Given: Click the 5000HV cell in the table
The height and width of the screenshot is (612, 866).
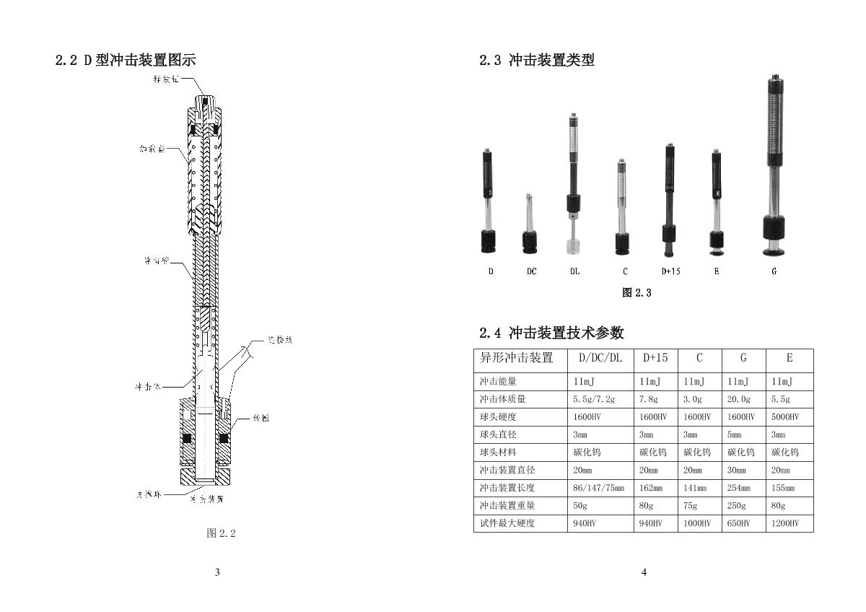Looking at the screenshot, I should [x=785, y=417].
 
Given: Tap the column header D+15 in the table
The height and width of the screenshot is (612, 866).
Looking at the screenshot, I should [x=655, y=358].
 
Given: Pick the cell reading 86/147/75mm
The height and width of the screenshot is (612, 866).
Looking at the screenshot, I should [x=598, y=488].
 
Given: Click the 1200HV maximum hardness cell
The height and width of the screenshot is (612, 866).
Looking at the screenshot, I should [x=785, y=523].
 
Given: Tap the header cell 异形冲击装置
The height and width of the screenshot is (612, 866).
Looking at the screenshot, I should [x=517, y=358].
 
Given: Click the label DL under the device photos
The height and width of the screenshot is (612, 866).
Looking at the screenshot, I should [x=574, y=271].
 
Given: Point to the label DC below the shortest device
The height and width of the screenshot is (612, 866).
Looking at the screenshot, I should [x=531, y=271].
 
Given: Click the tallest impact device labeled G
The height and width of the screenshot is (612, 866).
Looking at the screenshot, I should [x=774, y=166].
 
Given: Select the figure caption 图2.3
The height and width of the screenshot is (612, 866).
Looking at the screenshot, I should [x=637, y=292].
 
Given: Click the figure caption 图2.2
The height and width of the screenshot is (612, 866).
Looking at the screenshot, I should [x=221, y=533].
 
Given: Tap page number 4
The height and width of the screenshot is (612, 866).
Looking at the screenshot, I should [x=644, y=572].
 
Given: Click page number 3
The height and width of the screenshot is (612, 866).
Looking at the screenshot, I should [x=217, y=572].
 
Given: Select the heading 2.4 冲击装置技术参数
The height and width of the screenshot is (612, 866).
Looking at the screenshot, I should [x=551, y=333].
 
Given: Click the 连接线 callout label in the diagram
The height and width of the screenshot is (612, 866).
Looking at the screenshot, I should [x=279, y=339].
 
